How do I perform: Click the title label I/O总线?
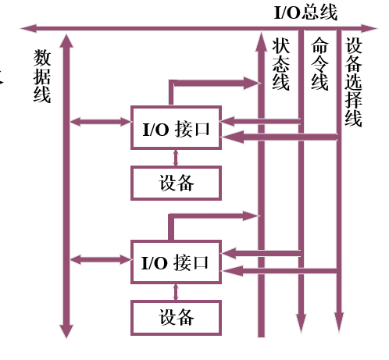305,12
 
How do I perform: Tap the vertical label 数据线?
42,76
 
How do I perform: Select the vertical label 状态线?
280,64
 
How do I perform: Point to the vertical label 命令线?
319,64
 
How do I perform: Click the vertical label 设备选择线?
353,82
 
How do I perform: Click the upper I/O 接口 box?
176,127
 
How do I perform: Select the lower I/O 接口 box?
176,262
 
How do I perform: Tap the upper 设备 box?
176,183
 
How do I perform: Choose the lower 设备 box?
176,318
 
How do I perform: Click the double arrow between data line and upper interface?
101,122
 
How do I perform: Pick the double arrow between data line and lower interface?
101,259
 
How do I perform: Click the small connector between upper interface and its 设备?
176,158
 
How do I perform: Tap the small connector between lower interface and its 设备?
176,292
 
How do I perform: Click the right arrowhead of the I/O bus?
369,28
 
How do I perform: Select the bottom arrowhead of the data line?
66,331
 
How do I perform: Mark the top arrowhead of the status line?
261,41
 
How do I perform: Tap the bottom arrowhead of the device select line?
339,322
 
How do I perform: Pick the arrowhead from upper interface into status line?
252,84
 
